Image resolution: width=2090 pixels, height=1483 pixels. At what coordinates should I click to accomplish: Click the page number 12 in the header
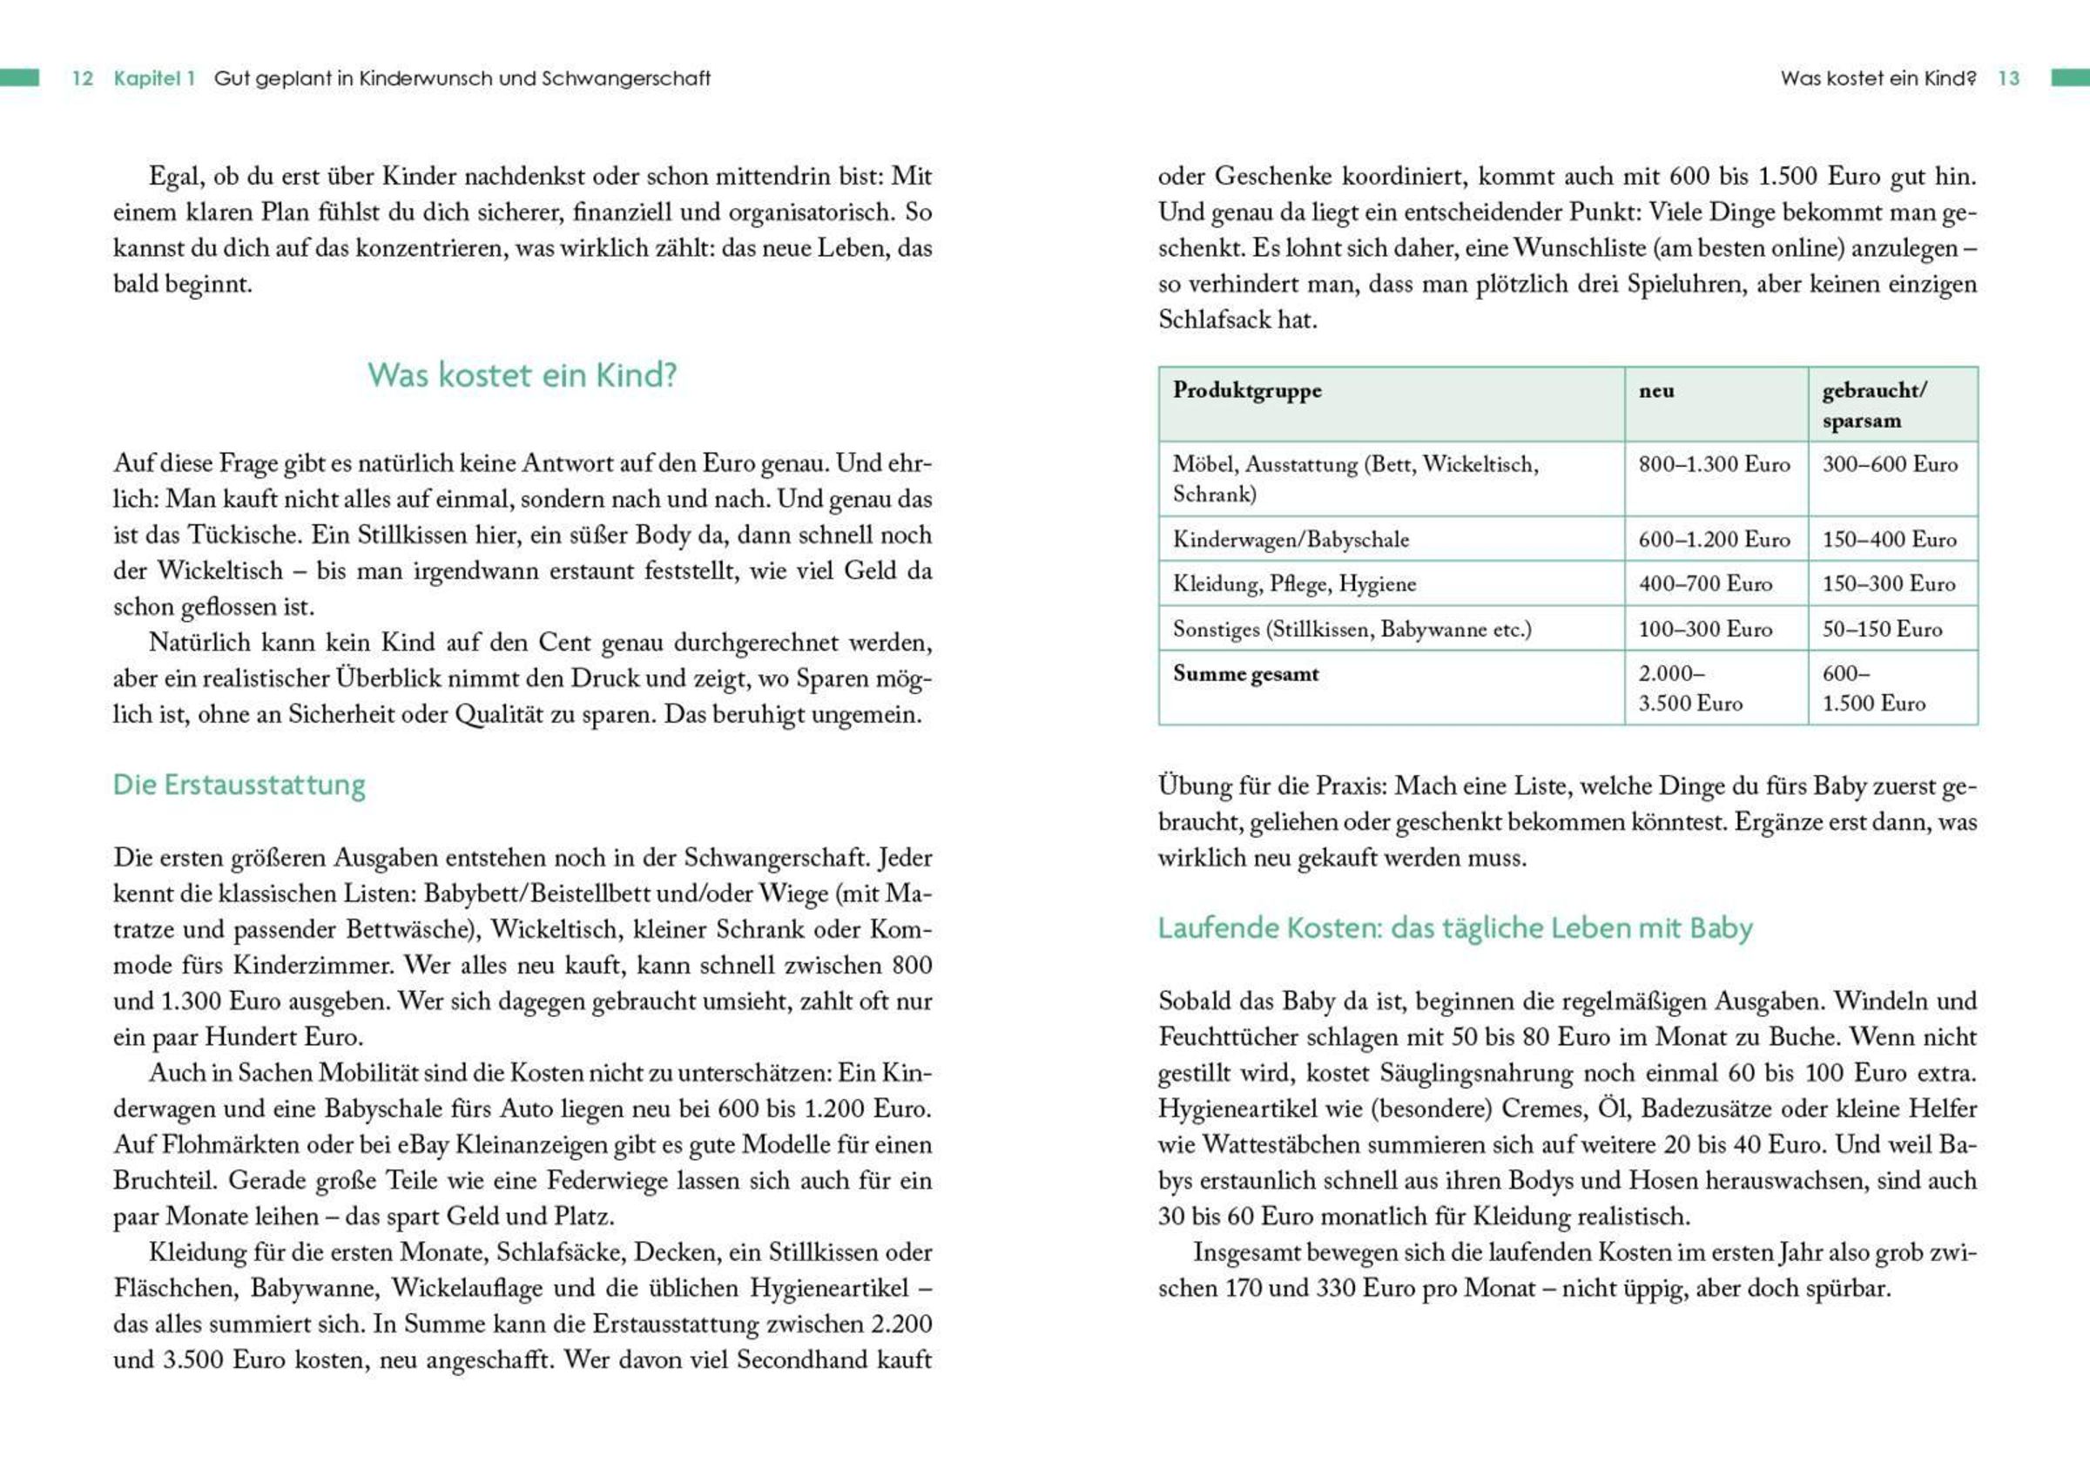82,78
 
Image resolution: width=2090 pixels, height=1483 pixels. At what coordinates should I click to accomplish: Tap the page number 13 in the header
2009,78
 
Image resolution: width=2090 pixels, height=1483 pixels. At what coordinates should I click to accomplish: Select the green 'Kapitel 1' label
154,78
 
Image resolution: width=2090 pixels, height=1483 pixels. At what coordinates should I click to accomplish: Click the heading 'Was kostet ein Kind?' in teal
522,375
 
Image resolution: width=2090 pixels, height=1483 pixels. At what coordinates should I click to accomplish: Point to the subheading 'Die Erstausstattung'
239,785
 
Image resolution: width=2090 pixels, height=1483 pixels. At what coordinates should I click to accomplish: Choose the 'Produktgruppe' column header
1247,391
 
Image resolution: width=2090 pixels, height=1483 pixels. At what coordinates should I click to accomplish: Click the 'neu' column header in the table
1656,391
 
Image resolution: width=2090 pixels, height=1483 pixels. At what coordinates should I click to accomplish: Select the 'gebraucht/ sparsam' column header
1874,406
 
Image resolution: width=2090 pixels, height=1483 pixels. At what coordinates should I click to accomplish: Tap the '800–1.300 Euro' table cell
1714,465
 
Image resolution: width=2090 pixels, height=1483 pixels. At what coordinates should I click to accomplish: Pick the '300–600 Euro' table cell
1890,465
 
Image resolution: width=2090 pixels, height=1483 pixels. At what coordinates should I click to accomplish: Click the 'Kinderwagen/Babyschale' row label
1291,540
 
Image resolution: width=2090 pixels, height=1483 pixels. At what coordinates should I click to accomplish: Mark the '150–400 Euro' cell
1889,540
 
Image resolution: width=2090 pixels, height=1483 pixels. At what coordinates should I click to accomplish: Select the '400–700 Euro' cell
1705,584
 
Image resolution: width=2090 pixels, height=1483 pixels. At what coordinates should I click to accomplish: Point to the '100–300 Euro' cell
1705,630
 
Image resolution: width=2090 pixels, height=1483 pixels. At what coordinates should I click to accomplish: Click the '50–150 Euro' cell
1882,630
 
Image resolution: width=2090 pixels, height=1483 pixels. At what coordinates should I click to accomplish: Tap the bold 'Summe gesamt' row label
1245,675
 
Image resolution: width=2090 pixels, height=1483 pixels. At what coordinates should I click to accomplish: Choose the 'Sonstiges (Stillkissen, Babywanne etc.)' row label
1352,630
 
